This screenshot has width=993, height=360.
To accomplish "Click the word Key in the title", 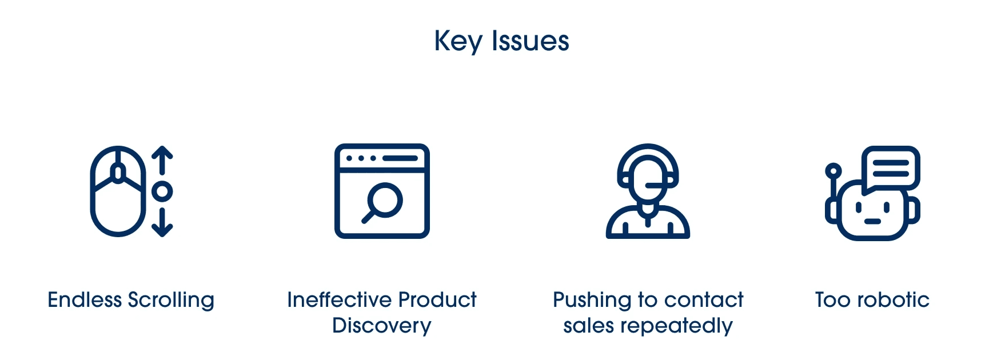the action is [458, 42].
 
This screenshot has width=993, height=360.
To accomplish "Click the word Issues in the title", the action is [530, 41].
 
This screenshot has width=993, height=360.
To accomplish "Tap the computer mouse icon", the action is [117, 191].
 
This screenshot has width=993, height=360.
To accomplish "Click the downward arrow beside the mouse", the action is [162, 223].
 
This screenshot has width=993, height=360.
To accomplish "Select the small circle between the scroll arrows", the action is [162, 191].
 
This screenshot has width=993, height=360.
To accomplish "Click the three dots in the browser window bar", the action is [361, 158].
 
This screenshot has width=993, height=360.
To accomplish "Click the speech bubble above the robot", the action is [891, 167].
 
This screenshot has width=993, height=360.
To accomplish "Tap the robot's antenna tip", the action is [834, 170].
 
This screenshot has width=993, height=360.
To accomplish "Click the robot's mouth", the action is [872, 221].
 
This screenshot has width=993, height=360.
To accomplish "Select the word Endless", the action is [85, 300].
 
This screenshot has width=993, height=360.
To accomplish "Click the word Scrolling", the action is [171, 301].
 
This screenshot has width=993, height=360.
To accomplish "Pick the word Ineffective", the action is [338, 300].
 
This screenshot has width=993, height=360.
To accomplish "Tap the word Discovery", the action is [382, 326].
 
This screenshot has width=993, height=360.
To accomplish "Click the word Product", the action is [437, 300].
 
